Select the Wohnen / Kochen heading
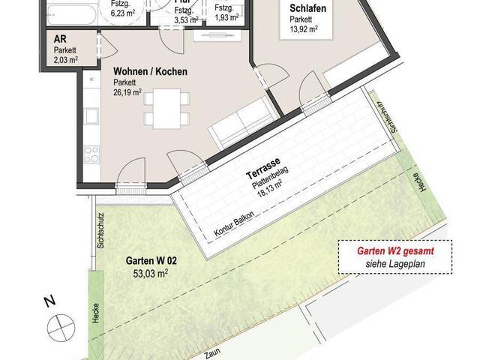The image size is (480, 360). pos(150,72)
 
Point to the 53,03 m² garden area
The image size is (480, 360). pos(148,275)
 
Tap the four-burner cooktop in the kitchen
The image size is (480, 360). pos(92,154)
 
